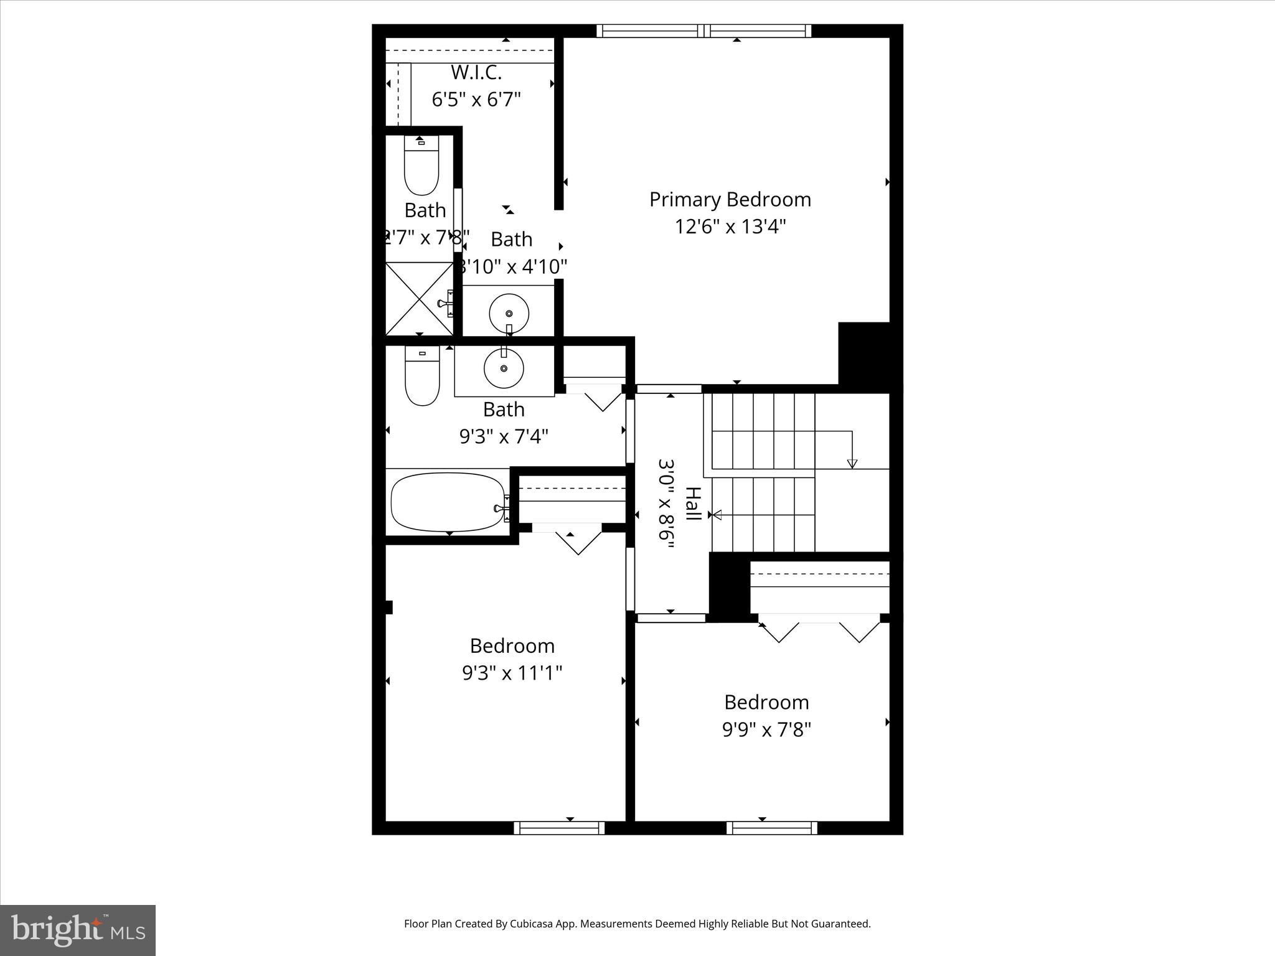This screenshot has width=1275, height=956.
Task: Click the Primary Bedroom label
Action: point(730,200)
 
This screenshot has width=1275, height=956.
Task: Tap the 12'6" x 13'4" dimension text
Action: point(730,227)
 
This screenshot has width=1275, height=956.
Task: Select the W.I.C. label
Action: point(476,73)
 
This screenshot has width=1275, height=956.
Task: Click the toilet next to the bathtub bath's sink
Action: point(422,377)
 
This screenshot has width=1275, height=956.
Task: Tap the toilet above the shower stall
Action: point(421,166)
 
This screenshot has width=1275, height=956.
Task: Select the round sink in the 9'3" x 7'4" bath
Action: point(504,368)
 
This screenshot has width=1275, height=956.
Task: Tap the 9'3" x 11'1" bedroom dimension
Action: point(512,673)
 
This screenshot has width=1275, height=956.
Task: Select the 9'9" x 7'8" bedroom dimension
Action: point(766,729)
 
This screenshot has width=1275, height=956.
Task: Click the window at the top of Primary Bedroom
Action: point(704,31)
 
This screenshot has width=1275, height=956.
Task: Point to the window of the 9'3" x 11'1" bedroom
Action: point(559,828)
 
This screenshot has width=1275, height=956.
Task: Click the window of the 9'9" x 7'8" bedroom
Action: point(772,828)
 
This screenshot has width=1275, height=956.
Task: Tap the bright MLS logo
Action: point(78,930)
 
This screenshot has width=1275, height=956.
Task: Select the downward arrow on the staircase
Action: point(852,463)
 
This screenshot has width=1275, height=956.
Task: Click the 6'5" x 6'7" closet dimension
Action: point(476,100)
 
